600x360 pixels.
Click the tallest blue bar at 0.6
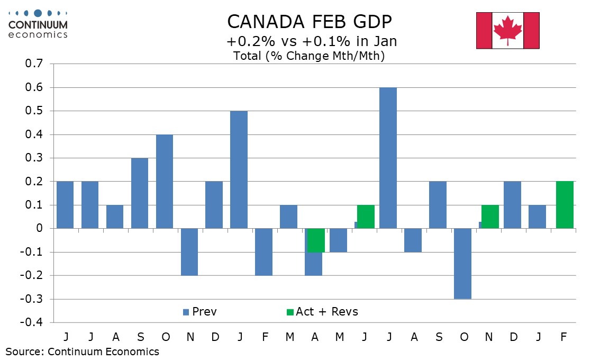(388, 158)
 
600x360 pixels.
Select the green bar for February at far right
(565, 205)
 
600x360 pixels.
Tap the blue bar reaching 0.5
(239, 169)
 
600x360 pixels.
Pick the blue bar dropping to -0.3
(462, 264)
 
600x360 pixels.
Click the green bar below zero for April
(316, 240)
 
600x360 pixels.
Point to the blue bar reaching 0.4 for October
(164, 182)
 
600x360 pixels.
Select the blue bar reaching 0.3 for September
(139, 193)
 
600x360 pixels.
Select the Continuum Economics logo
(38, 24)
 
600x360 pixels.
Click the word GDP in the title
(368, 22)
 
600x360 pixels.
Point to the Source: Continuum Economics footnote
(82, 351)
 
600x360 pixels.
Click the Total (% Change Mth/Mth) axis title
(308, 56)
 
